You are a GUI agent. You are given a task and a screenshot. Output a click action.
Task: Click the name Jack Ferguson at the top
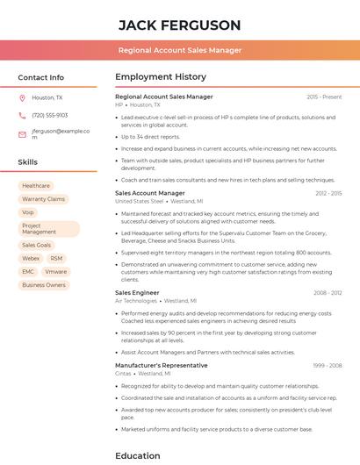point(179,25)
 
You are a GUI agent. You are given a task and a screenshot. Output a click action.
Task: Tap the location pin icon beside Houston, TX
point(22,98)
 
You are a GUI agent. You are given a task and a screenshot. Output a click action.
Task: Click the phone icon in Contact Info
point(22,115)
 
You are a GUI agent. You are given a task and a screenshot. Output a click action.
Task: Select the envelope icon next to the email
point(22,134)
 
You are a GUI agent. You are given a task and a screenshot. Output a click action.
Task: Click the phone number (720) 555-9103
point(49,115)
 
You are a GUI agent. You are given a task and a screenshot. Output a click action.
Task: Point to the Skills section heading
point(28,162)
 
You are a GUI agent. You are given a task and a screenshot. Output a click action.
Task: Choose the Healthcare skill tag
point(36,186)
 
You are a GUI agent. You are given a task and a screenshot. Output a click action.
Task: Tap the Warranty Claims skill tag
point(43,199)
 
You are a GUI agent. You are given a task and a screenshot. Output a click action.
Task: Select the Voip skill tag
point(28,212)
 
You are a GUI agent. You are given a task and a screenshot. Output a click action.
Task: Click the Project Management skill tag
point(48,229)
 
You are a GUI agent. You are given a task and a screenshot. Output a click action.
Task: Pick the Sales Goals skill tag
point(37,246)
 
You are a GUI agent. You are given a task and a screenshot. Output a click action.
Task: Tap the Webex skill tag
point(31,259)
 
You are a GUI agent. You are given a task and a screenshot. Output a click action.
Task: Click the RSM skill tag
point(56,259)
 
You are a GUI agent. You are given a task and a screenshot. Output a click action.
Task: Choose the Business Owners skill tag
point(44,285)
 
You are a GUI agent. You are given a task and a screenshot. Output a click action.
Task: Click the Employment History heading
point(161,77)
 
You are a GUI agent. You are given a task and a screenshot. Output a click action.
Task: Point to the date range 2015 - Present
point(324,97)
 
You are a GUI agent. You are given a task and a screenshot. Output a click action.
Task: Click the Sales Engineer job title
point(137,292)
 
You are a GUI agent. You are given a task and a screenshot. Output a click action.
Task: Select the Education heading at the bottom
point(138,455)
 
